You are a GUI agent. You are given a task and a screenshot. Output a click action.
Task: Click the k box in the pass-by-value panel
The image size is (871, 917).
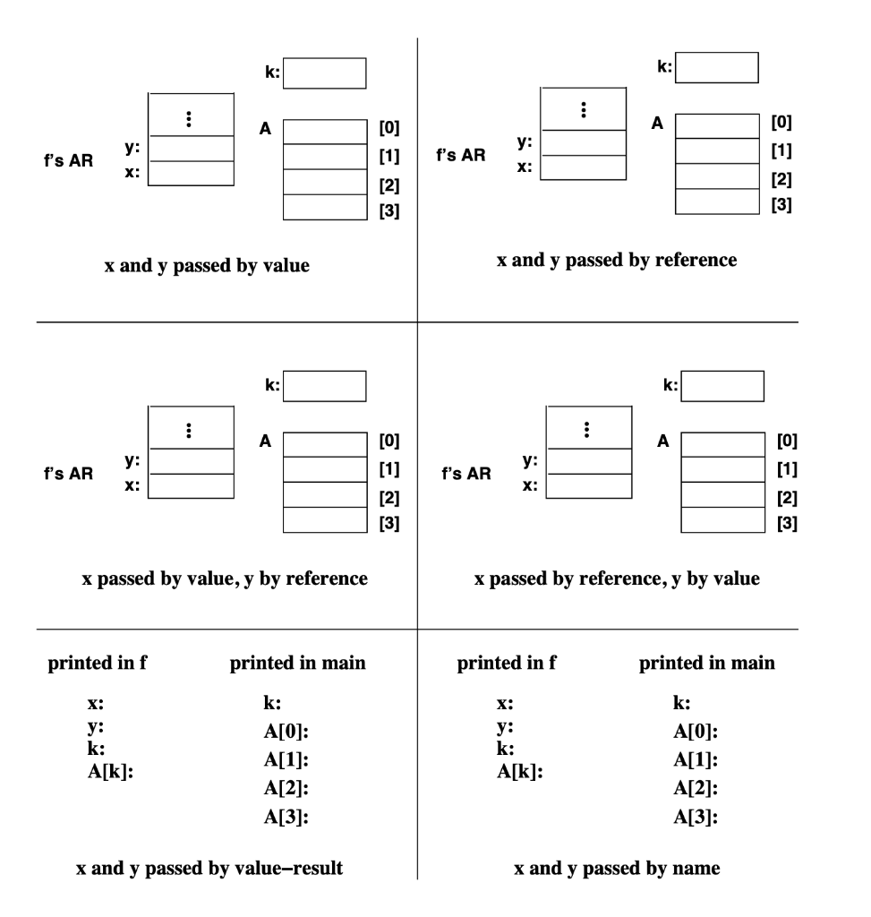pyautogui.click(x=325, y=73)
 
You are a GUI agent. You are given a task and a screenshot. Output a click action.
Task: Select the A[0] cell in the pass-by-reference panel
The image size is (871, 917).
pyautogui.click(x=716, y=125)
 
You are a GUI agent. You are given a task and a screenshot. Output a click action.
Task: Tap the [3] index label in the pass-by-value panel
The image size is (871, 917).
pyautogui.click(x=389, y=211)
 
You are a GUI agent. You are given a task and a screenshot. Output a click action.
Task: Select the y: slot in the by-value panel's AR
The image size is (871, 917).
pyautogui.click(x=191, y=148)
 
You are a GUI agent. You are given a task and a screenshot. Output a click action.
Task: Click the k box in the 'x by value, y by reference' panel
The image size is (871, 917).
pyautogui.click(x=325, y=387)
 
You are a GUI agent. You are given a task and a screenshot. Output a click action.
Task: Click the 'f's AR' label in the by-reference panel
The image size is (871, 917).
pyautogui.click(x=461, y=154)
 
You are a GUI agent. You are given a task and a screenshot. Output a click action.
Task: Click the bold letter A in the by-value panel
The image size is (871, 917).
pyautogui.click(x=265, y=129)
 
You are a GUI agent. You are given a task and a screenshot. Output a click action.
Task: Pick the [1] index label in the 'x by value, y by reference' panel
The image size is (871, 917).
pyautogui.click(x=389, y=469)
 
